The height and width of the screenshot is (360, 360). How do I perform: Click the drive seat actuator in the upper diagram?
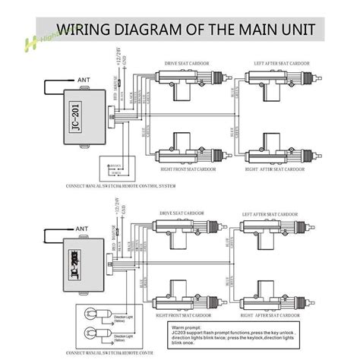tap(187, 78)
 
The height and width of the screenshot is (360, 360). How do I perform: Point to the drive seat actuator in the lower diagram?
tap(187, 229)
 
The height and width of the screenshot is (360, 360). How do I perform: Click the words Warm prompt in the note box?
tap(187, 327)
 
